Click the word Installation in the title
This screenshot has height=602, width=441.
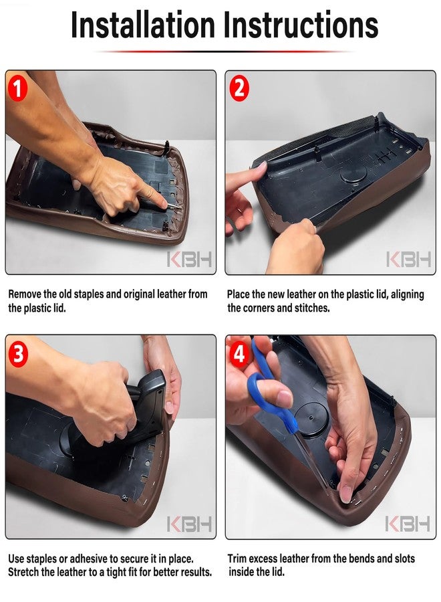point(142,25)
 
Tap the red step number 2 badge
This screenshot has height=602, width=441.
point(239,90)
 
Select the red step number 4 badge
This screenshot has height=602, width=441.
point(239,354)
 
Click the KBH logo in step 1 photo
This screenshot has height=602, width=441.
point(190,259)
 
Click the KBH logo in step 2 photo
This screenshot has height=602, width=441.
point(409,259)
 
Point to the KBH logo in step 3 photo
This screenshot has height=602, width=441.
point(190,524)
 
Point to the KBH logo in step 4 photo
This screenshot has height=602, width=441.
point(408,524)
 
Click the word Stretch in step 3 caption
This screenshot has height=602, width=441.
point(23,573)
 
